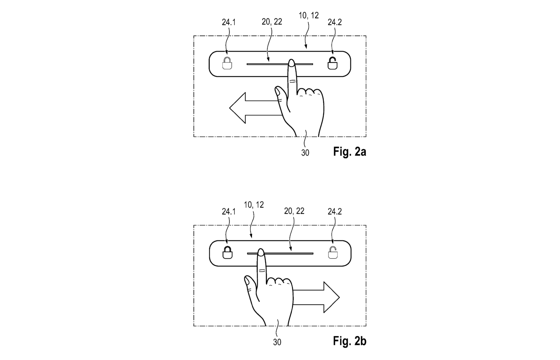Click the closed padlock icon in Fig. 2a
click(227, 64)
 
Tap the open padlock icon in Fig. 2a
click(332, 63)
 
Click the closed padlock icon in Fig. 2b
click(227, 253)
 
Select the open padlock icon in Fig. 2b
click(333, 252)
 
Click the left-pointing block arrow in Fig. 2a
click(252, 108)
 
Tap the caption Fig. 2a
click(349, 152)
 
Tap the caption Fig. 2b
click(349, 341)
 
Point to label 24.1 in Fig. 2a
click(229, 22)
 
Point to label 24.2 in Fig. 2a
click(335, 22)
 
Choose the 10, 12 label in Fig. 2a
click(309, 16)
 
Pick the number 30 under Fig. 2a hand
click(305, 153)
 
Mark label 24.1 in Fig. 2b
click(229, 212)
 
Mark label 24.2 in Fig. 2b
click(335, 212)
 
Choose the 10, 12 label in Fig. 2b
click(254, 205)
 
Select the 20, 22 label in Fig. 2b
click(294, 211)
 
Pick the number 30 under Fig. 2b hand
click(277, 342)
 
